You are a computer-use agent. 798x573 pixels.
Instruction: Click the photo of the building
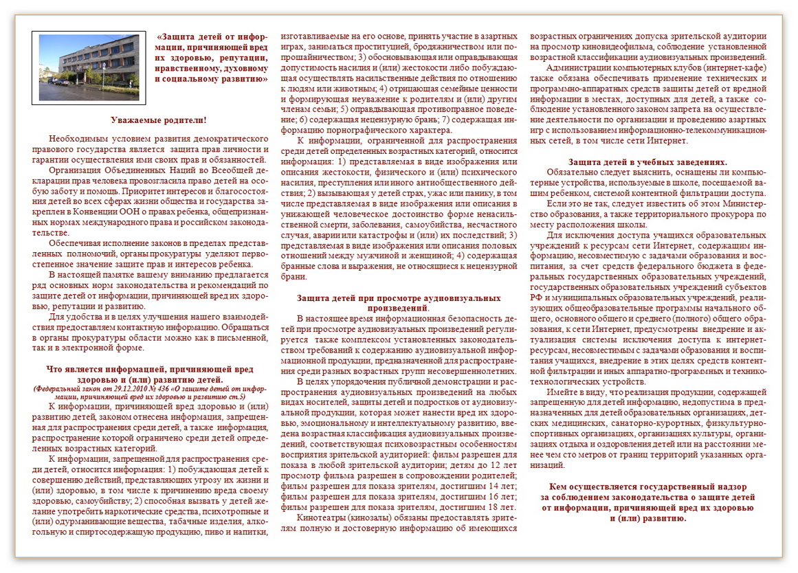pos(89,67)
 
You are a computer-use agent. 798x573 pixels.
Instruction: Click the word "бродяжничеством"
pos(428,45)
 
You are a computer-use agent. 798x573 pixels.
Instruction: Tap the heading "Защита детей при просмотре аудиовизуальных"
pos(399,298)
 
